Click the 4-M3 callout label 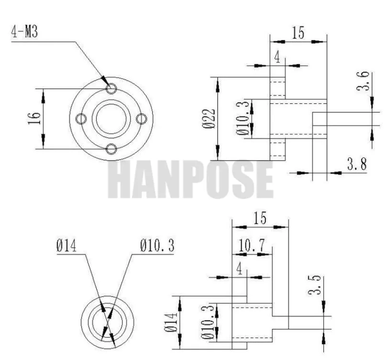pyautogui.click(x=24, y=32)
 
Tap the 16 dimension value pyautogui.click(x=34, y=119)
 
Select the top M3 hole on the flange pyautogui.click(x=111, y=88)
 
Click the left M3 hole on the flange pyautogui.click(x=81, y=119)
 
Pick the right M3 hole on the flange pyautogui.click(x=142, y=119)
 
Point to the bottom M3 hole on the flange pyautogui.click(x=111, y=149)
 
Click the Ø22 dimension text pyautogui.click(x=209, y=119)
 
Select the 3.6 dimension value pyautogui.click(x=363, y=81)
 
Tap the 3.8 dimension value pyautogui.click(x=357, y=164)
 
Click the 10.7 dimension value pyautogui.click(x=252, y=245)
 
